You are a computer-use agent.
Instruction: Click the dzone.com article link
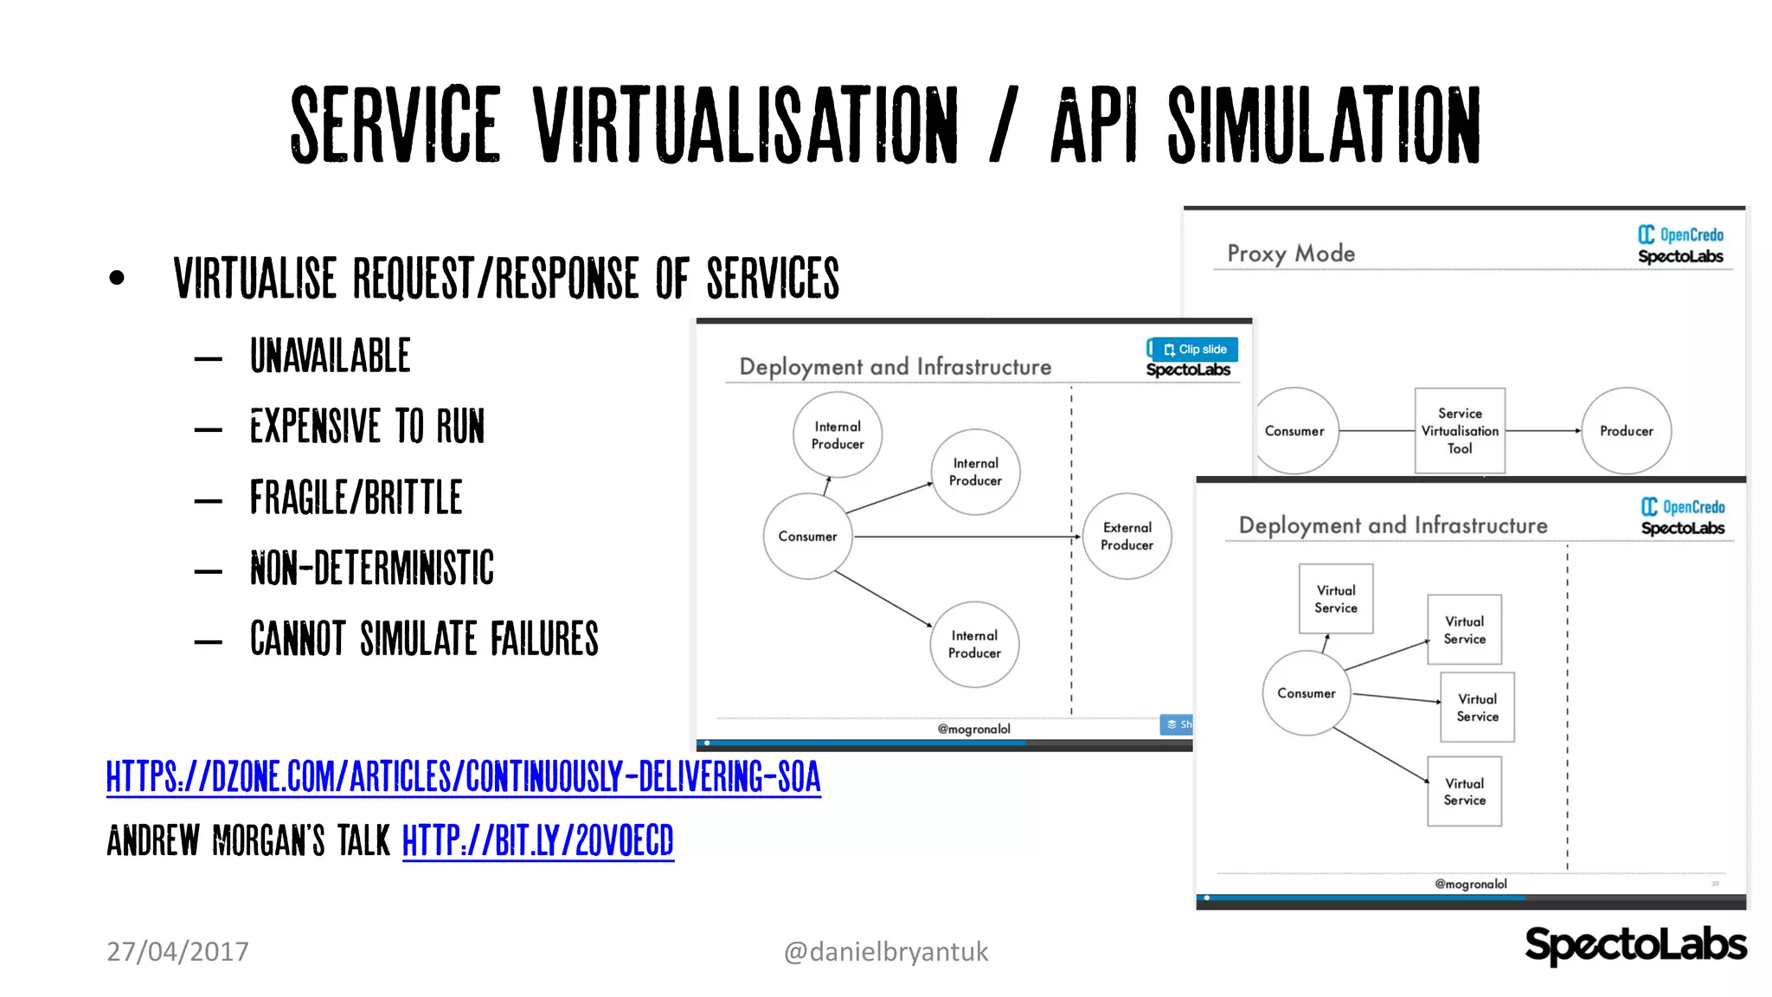(463, 776)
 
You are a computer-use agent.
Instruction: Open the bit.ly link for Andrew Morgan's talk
(537, 840)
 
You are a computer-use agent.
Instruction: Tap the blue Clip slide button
(1195, 349)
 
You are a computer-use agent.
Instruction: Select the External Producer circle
(1127, 536)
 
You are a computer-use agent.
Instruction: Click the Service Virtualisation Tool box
(1460, 431)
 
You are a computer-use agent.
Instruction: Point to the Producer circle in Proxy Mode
(1626, 431)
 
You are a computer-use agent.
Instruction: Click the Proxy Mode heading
(1290, 254)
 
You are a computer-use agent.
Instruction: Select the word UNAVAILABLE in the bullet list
(330, 356)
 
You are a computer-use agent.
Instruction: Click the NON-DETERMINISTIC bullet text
(372, 569)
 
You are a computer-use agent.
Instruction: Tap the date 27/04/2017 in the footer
(177, 951)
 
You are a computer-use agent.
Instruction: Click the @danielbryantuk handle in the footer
(885, 951)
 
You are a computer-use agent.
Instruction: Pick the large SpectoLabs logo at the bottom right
(1634, 944)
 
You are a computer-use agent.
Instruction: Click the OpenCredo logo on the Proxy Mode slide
(1680, 235)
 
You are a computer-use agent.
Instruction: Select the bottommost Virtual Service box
(1464, 791)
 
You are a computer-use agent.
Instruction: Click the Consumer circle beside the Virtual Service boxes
(1306, 693)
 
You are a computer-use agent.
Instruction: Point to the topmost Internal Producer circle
(837, 434)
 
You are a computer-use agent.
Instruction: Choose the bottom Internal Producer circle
(974, 644)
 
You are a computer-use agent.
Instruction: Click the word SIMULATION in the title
(1324, 125)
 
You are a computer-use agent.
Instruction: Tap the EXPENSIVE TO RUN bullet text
(367, 427)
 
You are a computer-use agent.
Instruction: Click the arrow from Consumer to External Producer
(965, 537)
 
